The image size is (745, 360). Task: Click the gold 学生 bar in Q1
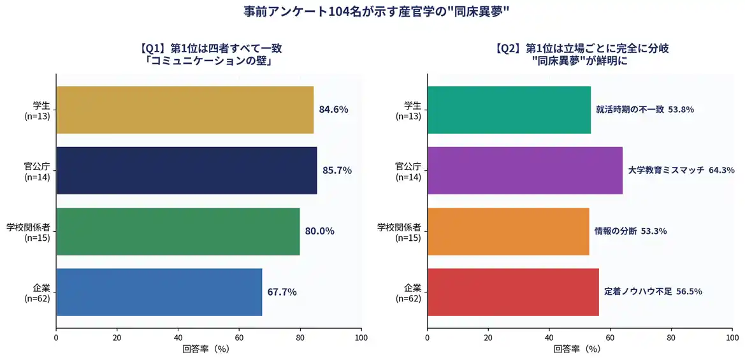pos(185,110)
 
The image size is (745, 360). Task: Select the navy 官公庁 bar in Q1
pos(186,170)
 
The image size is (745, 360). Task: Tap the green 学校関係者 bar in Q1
pos(178,231)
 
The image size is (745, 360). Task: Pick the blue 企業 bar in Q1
pos(159,292)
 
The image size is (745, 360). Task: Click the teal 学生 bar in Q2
pos(509,110)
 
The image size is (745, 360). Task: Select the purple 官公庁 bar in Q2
pos(524,170)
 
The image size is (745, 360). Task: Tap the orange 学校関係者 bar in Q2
pos(508,231)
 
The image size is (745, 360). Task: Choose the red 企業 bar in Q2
pos(512,292)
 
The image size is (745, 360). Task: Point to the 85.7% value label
pos(337,170)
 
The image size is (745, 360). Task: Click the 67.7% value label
pos(282,292)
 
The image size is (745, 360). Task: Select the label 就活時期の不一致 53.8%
pos(645,110)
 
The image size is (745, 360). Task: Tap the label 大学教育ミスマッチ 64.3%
pos(681,170)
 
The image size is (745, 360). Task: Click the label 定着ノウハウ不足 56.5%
pos(653,292)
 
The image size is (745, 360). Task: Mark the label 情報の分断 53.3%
pos(630,231)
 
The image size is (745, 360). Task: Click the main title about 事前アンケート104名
pos(372,11)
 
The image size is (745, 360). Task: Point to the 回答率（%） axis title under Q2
pos(576,349)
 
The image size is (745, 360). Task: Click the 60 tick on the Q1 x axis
pos(239,338)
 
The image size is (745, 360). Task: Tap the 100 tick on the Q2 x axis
pos(732,338)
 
